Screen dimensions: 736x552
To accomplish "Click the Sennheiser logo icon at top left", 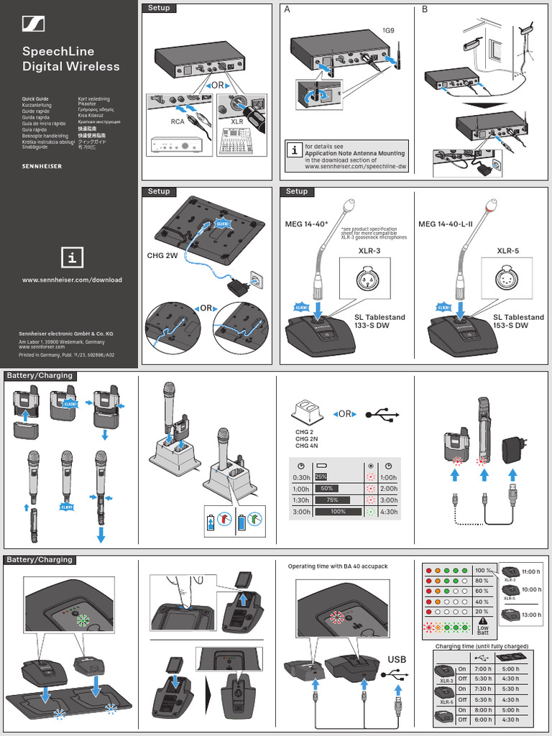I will point(33,24).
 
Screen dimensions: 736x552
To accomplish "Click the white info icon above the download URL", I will point(72,257).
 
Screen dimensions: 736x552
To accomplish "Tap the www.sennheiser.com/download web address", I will point(72,280).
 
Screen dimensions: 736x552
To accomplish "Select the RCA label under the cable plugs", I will point(177,122).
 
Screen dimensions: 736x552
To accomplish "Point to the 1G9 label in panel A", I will point(388,31).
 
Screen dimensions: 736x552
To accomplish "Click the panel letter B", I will point(425,9).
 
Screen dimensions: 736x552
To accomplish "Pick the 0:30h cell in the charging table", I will point(301,477).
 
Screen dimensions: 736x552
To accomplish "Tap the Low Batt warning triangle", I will point(483,621).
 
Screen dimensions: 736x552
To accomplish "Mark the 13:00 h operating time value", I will point(531,615).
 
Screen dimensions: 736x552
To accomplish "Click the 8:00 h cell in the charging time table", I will point(483,709).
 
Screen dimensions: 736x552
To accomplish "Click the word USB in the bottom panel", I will point(397,660).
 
